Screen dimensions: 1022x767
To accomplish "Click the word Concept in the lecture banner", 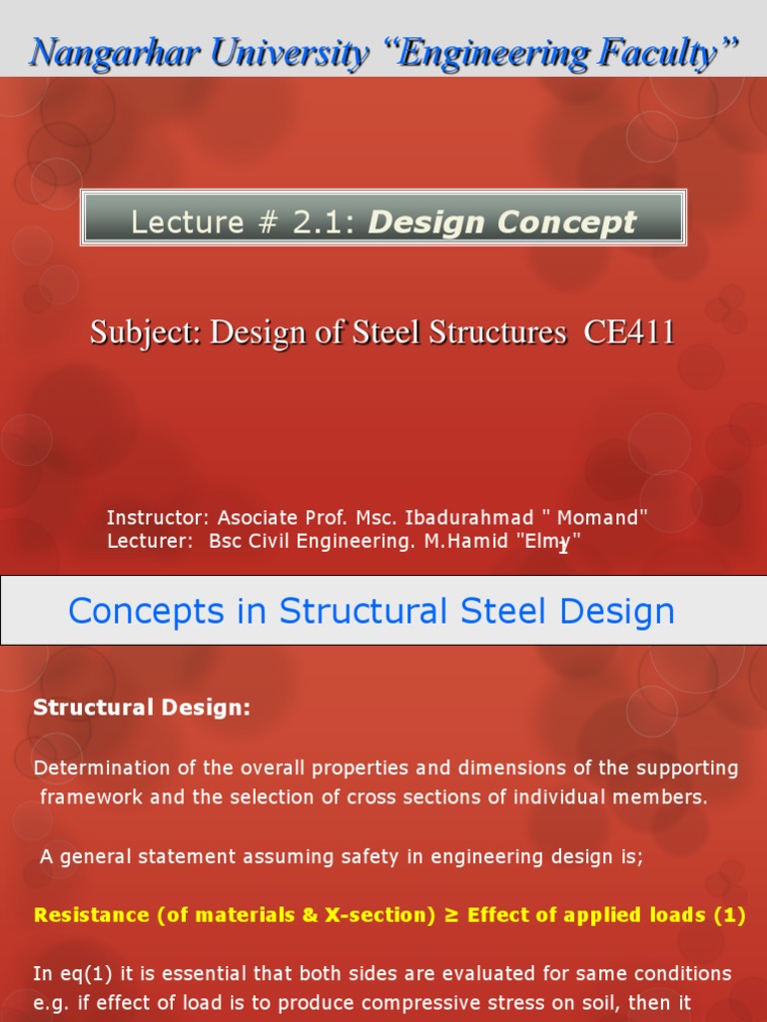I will point(567,222).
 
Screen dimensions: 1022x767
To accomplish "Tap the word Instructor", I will point(157,517).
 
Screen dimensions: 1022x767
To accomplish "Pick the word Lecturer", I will point(150,541).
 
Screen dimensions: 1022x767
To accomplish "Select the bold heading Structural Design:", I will point(142,708).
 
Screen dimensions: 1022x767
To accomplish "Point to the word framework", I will point(88,796).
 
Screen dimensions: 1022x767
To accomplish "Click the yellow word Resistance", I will point(90,915).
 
